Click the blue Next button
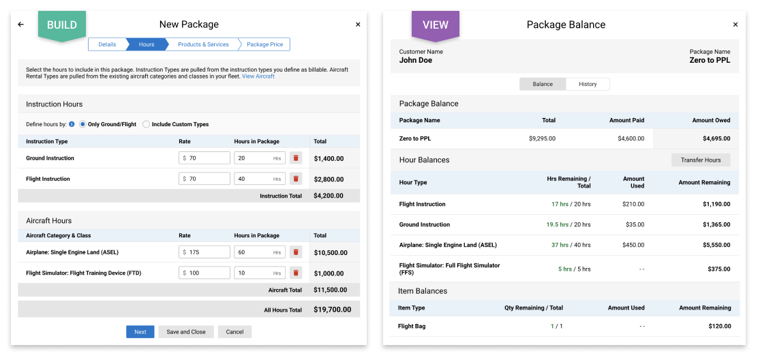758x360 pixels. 140,332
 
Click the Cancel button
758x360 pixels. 234,332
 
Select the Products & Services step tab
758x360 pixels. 203,44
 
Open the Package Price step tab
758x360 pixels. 264,44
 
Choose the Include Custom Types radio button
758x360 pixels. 147,124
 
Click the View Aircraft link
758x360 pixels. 258,76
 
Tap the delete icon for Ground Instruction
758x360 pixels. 296,158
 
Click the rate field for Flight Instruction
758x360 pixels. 205,179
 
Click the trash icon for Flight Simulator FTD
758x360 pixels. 296,273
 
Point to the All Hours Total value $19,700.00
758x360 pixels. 332,310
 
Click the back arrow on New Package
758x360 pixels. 21,25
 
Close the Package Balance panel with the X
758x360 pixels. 736,25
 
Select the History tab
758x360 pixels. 588,84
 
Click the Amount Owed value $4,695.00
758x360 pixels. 716,138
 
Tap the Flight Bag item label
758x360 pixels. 412,326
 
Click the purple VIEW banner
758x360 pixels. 436,25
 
